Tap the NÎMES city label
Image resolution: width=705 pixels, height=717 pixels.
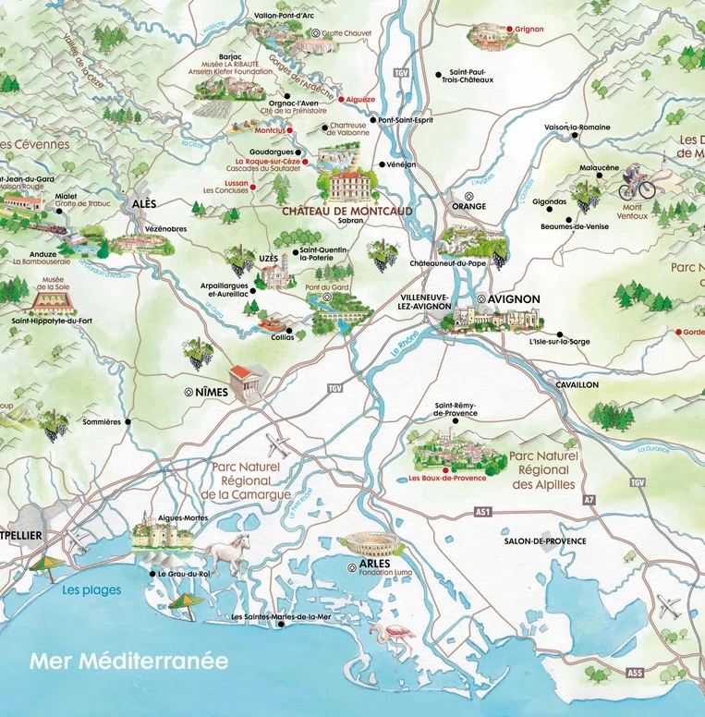[212, 392]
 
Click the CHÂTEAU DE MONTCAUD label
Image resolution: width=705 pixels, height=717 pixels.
[347, 211]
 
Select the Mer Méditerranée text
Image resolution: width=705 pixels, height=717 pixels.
[128, 662]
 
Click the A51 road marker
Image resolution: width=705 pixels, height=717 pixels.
[481, 511]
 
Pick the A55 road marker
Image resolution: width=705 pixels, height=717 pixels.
[633, 672]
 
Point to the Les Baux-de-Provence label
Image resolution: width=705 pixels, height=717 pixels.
[448, 479]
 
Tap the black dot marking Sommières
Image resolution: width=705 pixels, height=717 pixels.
[128, 422]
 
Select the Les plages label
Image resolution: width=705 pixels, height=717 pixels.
[91, 589]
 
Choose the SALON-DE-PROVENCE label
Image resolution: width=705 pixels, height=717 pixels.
[545, 541]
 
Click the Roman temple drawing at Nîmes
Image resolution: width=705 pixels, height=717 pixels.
[247, 382]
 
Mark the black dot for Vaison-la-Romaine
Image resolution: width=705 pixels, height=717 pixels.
[575, 136]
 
